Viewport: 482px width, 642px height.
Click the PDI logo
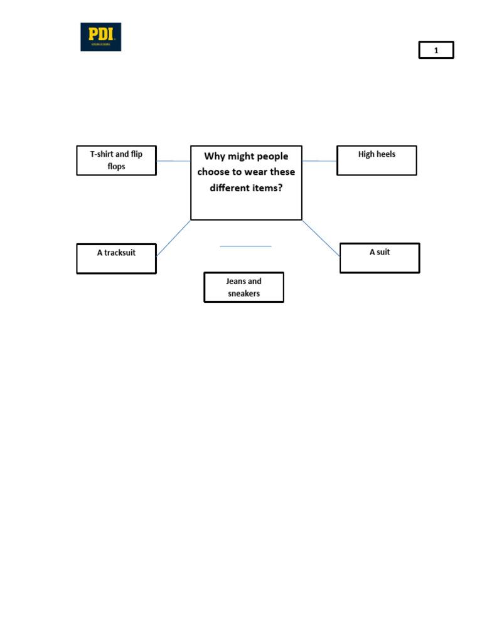pos(100,37)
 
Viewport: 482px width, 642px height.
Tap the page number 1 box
pos(436,50)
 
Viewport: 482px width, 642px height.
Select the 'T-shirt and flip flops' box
pos(116,160)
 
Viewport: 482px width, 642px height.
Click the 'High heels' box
pos(377,160)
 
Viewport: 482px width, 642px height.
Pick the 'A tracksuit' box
pos(116,258)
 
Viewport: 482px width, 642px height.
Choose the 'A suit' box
pos(380,258)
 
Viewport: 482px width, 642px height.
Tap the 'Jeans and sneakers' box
pos(244,287)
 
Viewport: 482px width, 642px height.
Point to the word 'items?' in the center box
pos(267,188)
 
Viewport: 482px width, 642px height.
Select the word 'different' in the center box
pos(230,188)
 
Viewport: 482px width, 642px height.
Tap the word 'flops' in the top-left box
pos(116,167)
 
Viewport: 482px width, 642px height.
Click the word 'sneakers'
pos(244,293)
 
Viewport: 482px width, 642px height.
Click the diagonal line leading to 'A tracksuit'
pos(173,238)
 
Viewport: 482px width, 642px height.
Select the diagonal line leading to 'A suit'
pos(321,238)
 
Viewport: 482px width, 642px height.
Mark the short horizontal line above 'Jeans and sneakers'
pos(245,246)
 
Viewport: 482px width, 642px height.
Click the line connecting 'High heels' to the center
pos(319,161)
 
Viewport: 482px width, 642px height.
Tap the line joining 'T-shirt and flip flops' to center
pos(173,161)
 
